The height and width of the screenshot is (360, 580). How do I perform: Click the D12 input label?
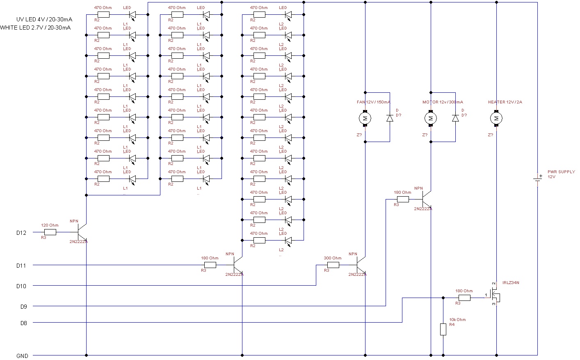(21, 233)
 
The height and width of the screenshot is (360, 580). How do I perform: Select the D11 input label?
(21, 266)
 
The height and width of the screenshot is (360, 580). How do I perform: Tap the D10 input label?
(21, 286)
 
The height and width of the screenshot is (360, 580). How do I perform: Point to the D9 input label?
(23, 307)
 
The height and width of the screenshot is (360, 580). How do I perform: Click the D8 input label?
(23, 323)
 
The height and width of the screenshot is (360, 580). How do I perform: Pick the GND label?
(22, 356)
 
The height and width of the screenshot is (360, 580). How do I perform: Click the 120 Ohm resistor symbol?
(50, 232)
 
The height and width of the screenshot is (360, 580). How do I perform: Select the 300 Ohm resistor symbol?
(333, 265)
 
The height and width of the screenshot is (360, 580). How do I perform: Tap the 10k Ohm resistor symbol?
(443, 329)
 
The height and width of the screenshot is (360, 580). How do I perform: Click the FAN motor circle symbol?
(365, 119)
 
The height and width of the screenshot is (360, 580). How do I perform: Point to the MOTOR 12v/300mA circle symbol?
(431, 119)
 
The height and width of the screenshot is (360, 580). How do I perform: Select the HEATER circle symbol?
(496, 119)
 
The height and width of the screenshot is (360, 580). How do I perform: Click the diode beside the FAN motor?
(390, 118)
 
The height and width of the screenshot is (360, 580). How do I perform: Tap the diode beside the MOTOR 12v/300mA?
(455, 118)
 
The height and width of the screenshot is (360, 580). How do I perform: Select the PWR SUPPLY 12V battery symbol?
(537, 179)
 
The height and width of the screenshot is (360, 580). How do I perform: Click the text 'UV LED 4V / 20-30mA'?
(44, 19)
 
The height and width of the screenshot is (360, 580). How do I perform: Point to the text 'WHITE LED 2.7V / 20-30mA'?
(35, 28)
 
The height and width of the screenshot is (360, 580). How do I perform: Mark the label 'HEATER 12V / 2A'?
(505, 102)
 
